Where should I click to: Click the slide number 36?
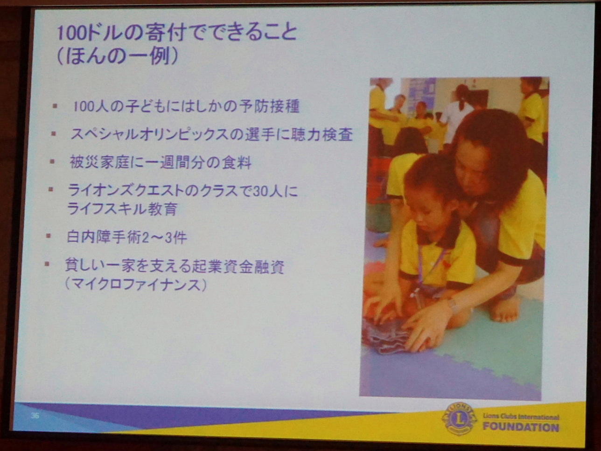point(35,415)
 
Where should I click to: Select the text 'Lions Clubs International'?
point(521,416)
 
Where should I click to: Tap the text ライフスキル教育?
point(122,209)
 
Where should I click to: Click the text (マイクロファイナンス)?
point(135,285)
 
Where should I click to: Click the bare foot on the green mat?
point(505,310)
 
